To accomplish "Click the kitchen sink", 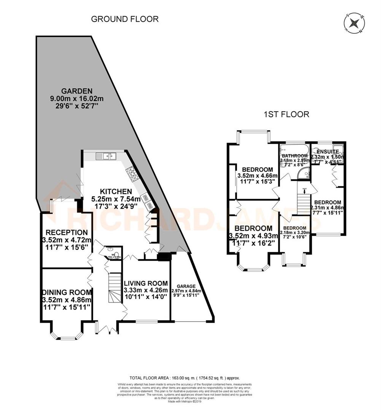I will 106,156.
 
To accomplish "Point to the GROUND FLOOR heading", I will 125,19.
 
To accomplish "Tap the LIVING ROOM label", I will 146,283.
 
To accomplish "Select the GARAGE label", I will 186,286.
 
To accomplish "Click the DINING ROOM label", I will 67,292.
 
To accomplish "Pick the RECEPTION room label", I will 67,232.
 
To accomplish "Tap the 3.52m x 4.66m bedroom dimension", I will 257,176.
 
